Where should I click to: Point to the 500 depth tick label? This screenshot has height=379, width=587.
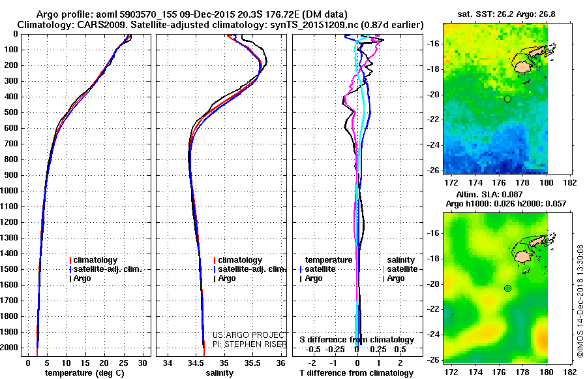12,112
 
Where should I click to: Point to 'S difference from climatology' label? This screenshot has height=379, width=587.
357,340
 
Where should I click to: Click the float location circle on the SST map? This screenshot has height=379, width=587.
507,99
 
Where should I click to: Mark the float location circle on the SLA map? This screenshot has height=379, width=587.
507,288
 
